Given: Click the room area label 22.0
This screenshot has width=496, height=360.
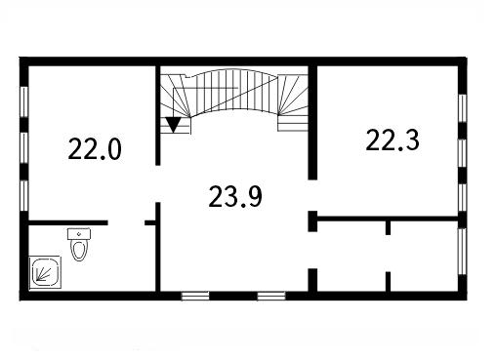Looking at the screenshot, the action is (95, 149).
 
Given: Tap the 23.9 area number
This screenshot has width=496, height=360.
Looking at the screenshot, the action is (235, 196).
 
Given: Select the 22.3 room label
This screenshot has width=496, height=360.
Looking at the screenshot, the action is (393, 140).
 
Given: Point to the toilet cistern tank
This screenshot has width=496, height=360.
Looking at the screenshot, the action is (79, 234).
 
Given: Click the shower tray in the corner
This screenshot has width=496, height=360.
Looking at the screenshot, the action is (45, 272).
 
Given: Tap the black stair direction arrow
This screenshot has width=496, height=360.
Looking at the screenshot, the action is (173, 125).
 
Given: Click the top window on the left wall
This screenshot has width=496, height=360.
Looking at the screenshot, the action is (24, 101).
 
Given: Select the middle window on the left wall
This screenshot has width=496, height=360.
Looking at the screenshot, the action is (24, 147).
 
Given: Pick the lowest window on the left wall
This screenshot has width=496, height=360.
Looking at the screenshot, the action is (24, 196).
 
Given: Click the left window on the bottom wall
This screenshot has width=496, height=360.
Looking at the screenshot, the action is (195, 296).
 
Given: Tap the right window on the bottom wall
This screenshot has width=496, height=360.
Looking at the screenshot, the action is (271, 296).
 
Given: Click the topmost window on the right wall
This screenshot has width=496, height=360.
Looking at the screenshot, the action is (463, 108).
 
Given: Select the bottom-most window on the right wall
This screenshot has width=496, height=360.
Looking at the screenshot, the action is (463, 251).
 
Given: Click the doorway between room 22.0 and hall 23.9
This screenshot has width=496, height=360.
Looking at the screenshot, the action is (158, 183).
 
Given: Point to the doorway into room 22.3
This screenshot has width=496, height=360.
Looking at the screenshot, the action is (312, 195).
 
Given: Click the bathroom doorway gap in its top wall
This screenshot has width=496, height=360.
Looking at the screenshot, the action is (126, 222).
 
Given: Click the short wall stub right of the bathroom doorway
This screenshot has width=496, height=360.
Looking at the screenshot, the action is (150, 222).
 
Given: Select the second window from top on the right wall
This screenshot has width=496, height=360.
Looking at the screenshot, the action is (463, 153).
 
